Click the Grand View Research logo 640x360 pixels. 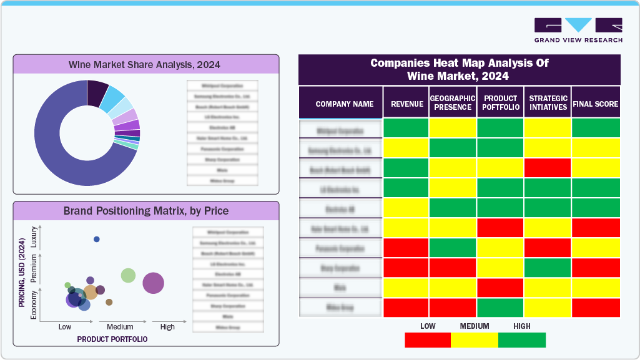[x=578, y=29]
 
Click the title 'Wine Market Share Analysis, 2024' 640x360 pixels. [x=145, y=64]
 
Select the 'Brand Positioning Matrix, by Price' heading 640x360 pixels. [x=145, y=211]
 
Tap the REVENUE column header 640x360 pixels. [x=406, y=104]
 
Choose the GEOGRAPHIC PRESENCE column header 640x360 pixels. [x=453, y=103]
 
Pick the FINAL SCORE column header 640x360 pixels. [x=596, y=104]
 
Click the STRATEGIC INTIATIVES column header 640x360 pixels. [x=548, y=103]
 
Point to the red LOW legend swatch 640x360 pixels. [x=428, y=340]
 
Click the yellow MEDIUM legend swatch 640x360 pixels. [x=475, y=340]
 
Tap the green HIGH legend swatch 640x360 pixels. [x=522, y=340]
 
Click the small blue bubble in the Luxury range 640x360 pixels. [x=97, y=240]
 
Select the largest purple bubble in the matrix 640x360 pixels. [x=153, y=283]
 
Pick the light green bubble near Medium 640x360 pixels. [x=128, y=275]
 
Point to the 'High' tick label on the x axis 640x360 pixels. [x=167, y=327]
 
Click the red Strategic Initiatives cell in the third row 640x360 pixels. [x=548, y=168]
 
